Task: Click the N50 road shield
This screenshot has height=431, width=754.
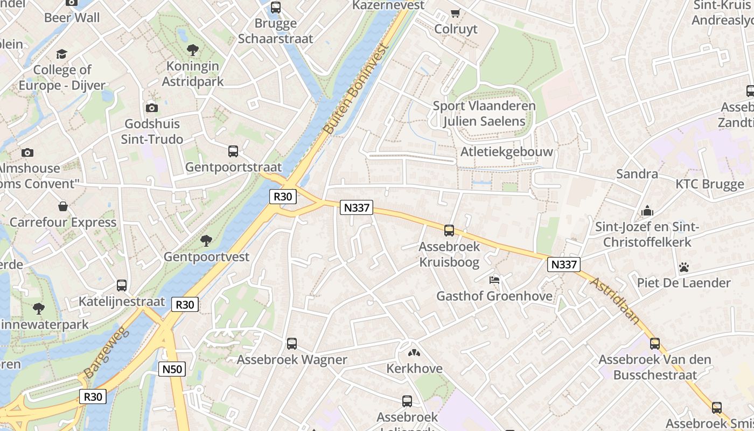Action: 172,369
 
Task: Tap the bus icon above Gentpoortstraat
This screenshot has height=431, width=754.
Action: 233,151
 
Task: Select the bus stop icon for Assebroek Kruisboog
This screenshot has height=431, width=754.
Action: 449,231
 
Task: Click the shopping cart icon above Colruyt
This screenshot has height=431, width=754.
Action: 456,13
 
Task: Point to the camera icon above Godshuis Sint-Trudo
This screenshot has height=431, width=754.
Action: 152,108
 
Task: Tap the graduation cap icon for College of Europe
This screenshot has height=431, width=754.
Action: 61,54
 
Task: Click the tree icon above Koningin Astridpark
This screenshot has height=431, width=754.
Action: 193,51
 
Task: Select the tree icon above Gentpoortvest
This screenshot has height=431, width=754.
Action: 206,240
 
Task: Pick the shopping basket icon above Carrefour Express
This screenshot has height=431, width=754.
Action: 63,206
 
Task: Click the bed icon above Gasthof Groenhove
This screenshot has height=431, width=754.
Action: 494,280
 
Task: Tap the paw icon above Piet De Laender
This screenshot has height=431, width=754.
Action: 684,267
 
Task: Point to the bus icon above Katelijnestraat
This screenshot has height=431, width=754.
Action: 122,286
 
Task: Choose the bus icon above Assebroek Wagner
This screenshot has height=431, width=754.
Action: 292,343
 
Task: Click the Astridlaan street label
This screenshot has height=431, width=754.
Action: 615,301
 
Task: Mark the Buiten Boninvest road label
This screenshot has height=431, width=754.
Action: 357,89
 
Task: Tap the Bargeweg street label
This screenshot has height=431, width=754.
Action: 108,353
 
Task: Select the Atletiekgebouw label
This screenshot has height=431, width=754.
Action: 506,152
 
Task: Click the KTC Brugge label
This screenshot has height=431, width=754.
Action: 709,184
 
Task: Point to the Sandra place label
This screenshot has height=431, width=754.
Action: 637,174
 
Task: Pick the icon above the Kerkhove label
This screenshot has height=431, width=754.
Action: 414,353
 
